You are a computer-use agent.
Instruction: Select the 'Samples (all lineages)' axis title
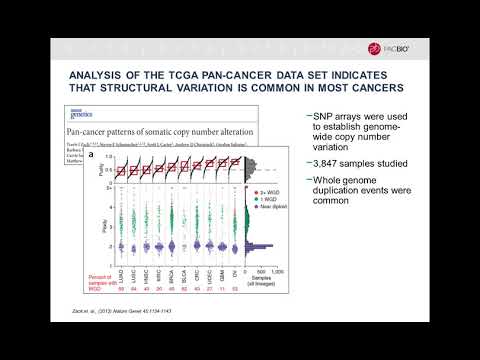coord(263,276)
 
